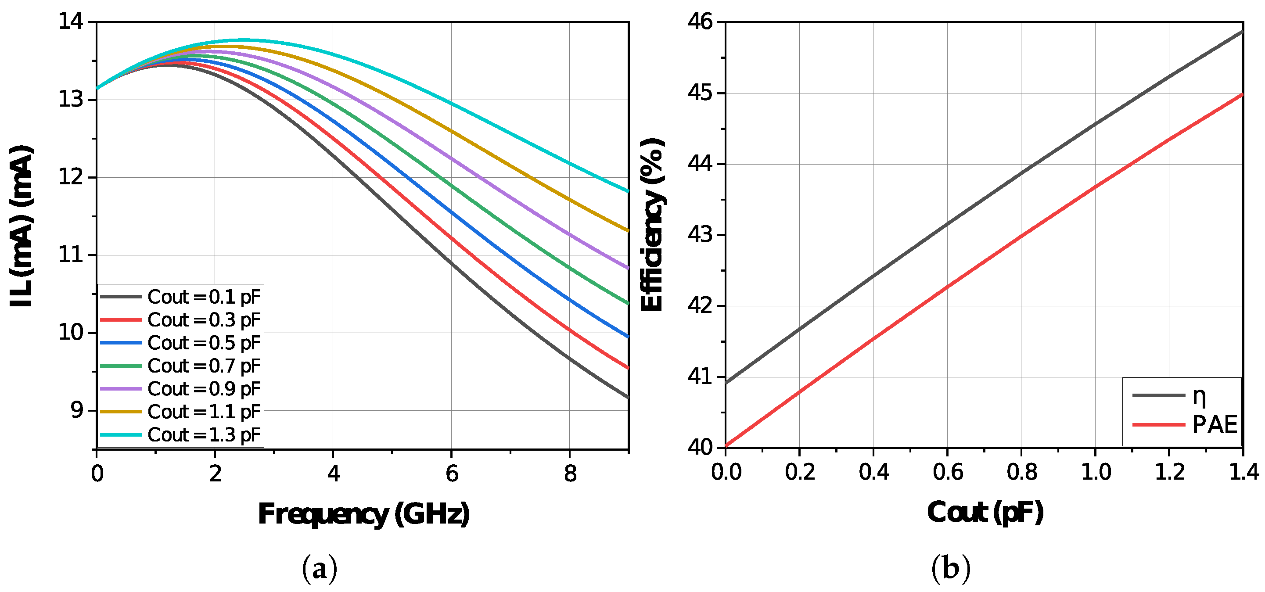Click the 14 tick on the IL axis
(x=71, y=22)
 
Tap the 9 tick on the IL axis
(x=77, y=410)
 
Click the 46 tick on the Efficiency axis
(x=700, y=22)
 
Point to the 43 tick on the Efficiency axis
(x=700, y=235)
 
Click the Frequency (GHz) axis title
(x=363, y=514)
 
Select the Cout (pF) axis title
(x=985, y=513)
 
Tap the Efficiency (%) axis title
(x=652, y=225)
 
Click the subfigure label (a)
(x=319, y=568)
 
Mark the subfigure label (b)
(x=951, y=568)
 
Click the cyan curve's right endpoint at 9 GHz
(x=628, y=191)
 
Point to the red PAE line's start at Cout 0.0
(x=726, y=446)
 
